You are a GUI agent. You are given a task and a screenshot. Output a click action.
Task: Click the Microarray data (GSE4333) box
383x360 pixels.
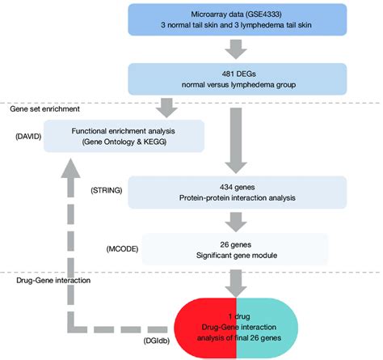click(x=238, y=19)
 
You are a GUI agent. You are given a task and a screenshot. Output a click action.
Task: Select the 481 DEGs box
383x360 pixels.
click(x=238, y=79)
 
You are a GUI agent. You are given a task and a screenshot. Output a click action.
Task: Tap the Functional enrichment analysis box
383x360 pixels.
click(x=124, y=136)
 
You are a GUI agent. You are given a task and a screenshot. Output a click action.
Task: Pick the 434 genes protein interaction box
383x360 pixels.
click(x=238, y=193)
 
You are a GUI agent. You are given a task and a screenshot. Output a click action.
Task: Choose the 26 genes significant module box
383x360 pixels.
click(x=235, y=249)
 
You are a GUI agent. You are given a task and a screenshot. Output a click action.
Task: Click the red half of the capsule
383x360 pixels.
click(x=205, y=328)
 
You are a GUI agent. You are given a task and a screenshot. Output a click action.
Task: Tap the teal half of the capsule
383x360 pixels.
click(x=267, y=328)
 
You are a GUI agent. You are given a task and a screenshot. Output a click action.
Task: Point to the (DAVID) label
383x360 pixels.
click(x=28, y=137)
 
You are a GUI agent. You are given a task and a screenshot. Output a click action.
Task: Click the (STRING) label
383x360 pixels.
click(x=107, y=190)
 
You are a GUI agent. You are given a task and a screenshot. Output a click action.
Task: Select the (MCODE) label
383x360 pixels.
click(x=122, y=249)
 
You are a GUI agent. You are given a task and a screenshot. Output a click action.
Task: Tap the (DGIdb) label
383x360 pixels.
click(x=157, y=341)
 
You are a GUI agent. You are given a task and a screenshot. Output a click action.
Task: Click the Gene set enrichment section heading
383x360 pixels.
click(x=44, y=109)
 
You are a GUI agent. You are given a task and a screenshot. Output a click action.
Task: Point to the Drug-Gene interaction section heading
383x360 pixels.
click(x=53, y=281)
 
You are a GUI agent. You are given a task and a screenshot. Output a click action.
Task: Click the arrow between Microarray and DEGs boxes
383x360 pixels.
click(x=236, y=49)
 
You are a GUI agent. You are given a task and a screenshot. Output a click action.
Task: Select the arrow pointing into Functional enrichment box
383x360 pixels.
click(x=166, y=108)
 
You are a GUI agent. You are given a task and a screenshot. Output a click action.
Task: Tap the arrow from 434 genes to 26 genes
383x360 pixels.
click(x=236, y=222)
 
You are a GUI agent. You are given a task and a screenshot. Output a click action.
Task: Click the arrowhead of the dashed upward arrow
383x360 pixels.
click(x=70, y=168)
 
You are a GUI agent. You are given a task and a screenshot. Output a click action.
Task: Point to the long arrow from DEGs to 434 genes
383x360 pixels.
click(x=236, y=141)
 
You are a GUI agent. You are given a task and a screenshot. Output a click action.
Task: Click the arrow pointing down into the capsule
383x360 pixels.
click(x=236, y=284)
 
